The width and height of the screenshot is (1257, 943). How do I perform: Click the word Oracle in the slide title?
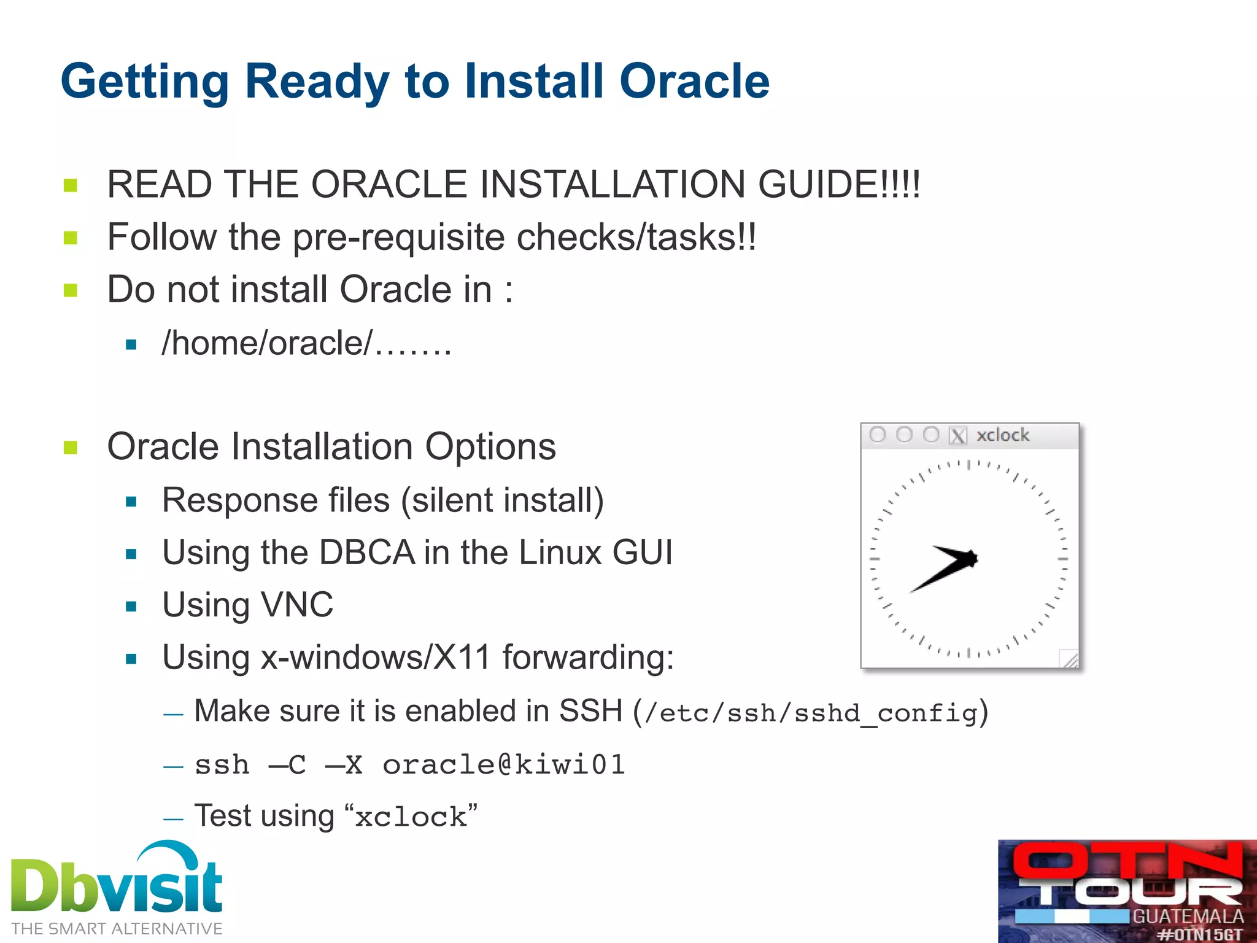point(694,81)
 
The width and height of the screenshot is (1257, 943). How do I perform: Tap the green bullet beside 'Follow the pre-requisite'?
point(71,238)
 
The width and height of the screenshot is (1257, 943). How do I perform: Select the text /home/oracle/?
point(267,343)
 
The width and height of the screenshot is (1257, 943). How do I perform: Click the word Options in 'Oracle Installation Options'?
point(490,446)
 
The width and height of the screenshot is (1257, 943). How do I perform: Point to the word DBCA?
point(366,552)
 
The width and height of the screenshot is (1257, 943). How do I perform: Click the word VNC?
point(297,605)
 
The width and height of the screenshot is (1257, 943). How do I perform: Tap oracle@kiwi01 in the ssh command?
point(503,765)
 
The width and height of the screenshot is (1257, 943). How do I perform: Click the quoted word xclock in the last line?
point(411,817)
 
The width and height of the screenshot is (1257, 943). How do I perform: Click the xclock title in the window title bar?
point(1002,435)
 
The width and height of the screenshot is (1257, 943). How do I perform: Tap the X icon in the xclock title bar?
point(957,435)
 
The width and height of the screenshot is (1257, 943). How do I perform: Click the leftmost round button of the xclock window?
point(878,435)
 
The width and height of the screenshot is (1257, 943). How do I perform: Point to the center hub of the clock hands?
point(971,558)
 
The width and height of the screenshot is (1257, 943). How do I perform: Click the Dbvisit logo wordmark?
point(117,884)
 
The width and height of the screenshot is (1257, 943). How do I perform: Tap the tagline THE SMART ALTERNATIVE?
point(117,929)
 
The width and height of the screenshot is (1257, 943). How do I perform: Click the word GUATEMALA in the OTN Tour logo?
point(1187,917)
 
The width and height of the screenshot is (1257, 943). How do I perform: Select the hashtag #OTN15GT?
point(1199,935)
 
